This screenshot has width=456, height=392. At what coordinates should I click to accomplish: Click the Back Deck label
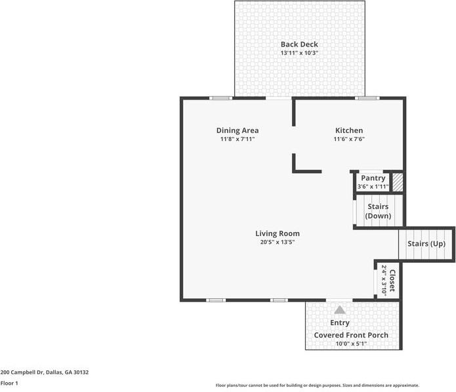click(299, 45)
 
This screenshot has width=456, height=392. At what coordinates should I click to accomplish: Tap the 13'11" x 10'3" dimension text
click(299, 53)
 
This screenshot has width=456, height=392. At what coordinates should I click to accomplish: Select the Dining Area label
click(238, 130)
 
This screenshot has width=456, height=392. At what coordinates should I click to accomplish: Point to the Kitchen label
click(348, 130)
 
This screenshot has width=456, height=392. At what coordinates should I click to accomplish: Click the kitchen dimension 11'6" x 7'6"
click(348, 139)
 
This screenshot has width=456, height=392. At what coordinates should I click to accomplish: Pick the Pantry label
click(373, 178)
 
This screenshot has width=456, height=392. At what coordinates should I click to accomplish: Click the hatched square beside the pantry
click(397, 182)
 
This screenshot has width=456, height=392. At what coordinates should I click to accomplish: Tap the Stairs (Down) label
click(377, 211)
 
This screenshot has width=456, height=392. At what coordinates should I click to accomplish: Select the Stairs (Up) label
click(427, 244)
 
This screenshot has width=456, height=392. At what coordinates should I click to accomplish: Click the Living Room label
click(278, 233)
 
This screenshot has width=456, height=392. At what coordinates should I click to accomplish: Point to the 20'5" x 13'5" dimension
click(278, 242)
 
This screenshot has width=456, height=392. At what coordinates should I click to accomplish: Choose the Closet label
click(392, 281)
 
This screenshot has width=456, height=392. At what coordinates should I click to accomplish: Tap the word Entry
click(340, 323)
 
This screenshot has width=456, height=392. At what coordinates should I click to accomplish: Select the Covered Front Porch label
click(351, 335)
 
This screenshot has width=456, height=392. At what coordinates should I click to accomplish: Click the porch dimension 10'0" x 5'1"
click(351, 343)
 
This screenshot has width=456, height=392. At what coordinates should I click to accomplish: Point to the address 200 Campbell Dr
click(44, 372)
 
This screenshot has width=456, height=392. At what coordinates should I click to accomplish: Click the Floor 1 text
click(9, 383)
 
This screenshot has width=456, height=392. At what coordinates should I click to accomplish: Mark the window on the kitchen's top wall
click(367, 98)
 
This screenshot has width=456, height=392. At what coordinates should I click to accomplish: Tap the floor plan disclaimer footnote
click(318, 385)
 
